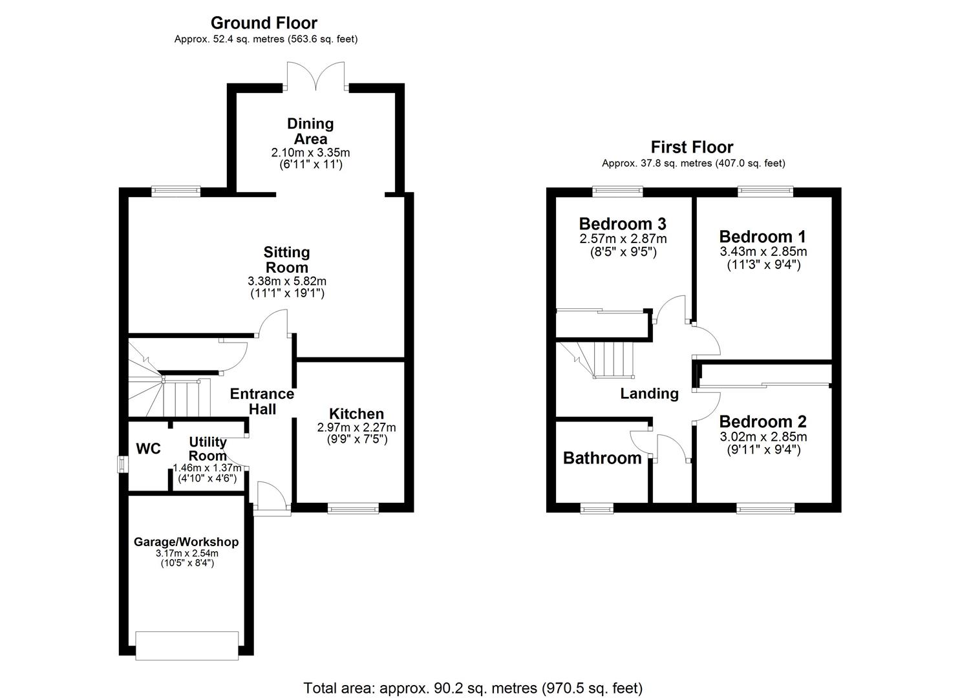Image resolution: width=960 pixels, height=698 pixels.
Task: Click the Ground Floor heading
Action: pyautogui.click(x=264, y=23)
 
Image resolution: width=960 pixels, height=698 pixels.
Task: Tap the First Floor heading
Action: pyautogui.click(x=692, y=147)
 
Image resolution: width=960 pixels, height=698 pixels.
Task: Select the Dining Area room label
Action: pyautogui.click(x=310, y=131)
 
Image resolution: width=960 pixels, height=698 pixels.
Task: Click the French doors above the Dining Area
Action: pyautogui.click(x=316, y=76)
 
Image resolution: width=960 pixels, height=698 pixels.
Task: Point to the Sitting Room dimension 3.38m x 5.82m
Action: pyautogui.click(x=287, y=281)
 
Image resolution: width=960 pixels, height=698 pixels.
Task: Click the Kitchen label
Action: pyautogui.click(x=356, y=414)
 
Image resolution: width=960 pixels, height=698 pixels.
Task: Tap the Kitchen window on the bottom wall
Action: pyautogui.click(x=353, y=508)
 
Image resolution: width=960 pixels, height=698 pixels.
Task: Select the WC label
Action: pyautogui.click(x=148, y=449)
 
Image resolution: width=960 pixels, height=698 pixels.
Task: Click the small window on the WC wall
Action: pyautogui.click(x=123, y=464)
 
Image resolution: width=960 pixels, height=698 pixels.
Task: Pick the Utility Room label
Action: pyautogui.click(x=208, y=449)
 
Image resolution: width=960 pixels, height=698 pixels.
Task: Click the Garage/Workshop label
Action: pyautogui.click(x=186, y=542)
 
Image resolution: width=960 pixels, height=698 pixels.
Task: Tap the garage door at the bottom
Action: pyautogui.click(x=187, y=645)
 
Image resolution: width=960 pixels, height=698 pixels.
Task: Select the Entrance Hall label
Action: pyautogui.click(x=262, y=401)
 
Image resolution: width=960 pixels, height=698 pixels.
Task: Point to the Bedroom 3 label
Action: pyautogui.click(x=623, y=224)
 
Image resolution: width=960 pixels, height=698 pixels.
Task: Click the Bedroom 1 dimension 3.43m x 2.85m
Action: pyautogui.click(x=763, y=251)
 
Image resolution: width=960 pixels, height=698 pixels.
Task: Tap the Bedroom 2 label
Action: pyautogui.click(x=763, y=421)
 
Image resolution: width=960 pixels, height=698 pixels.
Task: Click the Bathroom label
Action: pyautogui.click(x=602, y=458)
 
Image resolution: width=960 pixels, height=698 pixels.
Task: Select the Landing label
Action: pyautogui.click(x=649, y=394)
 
